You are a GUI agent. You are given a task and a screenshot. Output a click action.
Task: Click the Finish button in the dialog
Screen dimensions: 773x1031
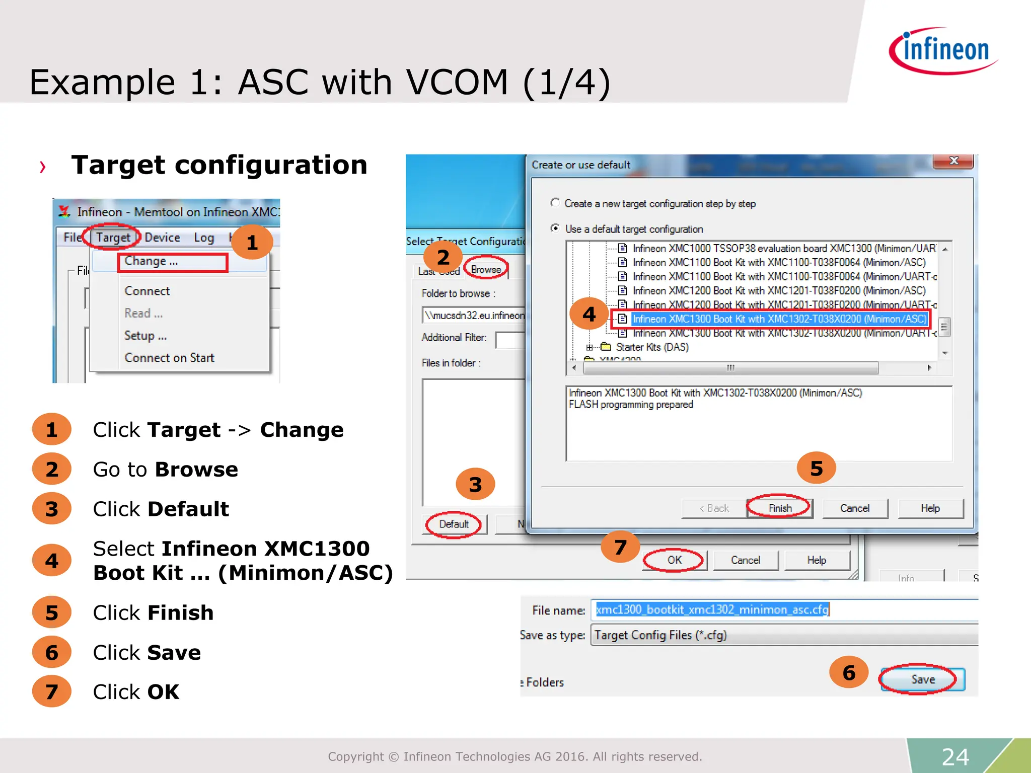coord(780,508)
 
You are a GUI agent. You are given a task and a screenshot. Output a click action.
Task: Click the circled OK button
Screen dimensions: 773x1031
coord(674,560)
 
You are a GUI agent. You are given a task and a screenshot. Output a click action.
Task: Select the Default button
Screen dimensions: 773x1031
coord(454,524)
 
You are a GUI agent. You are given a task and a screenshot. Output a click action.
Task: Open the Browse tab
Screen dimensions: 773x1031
coord(486,270)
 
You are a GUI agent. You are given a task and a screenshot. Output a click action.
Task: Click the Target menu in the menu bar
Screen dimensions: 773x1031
coord(113,238)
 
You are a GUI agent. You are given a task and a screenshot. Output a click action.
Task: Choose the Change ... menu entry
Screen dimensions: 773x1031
coord(151,261)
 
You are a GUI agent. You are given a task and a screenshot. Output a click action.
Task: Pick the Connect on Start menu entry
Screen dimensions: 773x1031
coord(169,358)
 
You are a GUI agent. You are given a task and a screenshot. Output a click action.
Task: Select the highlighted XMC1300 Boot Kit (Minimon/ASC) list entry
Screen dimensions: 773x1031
coord(779,319)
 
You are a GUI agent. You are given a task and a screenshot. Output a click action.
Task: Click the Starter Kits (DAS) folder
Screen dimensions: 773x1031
coord(651,347)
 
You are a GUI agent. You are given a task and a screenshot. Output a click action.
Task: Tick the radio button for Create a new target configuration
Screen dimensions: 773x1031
coord(555,203)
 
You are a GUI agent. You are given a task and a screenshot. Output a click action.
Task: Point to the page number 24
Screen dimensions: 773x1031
coord(955,757)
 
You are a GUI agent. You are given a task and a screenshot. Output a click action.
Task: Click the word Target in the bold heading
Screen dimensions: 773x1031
coord(118,165)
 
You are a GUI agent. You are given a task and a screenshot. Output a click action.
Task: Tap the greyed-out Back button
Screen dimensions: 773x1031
coord(713,508)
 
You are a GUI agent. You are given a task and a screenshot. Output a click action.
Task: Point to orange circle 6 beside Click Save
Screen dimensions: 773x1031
coord(51,653)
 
